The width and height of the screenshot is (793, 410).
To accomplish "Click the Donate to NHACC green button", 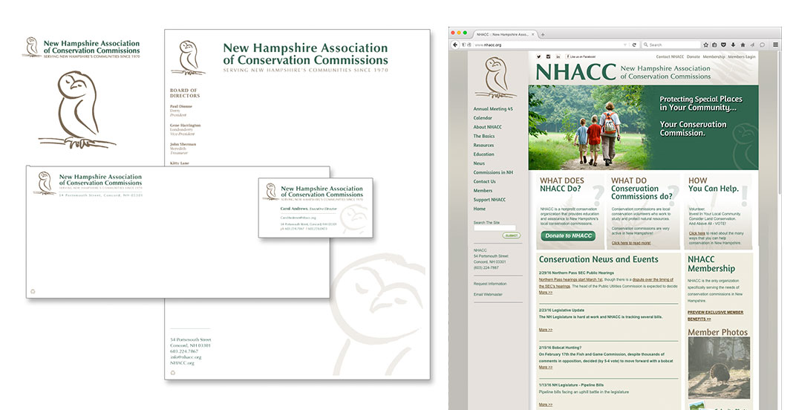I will click(568, 236).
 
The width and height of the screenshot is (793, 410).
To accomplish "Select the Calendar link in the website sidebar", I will click(483, 118).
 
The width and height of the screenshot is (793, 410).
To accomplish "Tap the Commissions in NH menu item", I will click(493, 172).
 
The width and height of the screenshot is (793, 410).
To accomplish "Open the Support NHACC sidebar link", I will click(489, 200).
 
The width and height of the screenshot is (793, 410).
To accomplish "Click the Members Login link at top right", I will click(741, 56).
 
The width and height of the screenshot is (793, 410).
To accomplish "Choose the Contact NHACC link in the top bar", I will click(670, 56).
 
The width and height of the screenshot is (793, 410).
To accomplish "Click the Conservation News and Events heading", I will click(598, 259).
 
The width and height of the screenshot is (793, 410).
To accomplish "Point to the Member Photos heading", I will click(717, 332).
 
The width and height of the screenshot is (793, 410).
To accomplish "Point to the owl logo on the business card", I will click(272, 192).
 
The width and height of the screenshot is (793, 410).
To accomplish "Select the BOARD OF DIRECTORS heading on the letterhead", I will click(184, 93).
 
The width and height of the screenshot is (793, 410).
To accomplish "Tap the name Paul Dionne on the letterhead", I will click(181, 107).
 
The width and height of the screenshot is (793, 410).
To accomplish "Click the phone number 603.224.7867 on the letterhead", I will click(185, 351).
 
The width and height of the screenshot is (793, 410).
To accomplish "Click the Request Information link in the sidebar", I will click(490, 284).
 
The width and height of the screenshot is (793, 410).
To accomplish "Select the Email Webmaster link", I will click(488, 295).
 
